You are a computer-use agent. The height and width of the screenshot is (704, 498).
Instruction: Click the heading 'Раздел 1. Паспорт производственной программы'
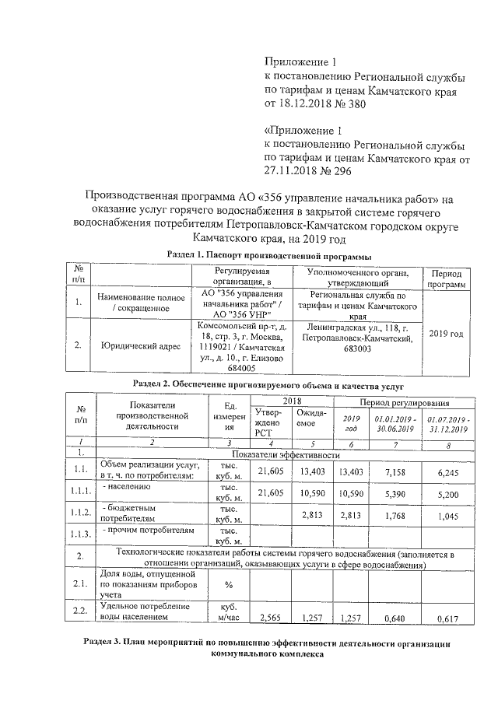pos(268,257)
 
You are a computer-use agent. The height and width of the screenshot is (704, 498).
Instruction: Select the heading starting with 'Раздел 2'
pos(268,385)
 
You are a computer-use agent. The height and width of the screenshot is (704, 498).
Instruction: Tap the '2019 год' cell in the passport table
pos(446,334)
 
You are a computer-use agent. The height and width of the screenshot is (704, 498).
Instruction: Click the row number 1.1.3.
pos(80,535)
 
